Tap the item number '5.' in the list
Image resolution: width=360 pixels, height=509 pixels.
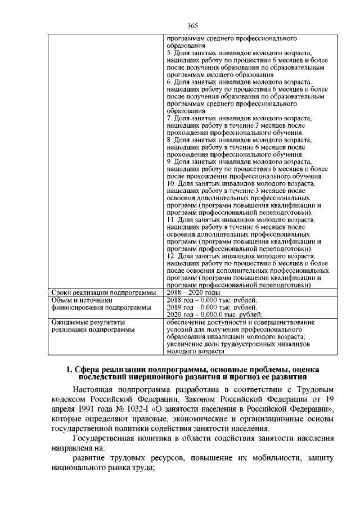(x=170, y=52)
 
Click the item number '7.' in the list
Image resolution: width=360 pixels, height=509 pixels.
(x=170, y=118)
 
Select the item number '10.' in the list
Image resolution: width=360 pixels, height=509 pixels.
(x=172, y=184)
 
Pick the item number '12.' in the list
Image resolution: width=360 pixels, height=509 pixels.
(x=172, y=256)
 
